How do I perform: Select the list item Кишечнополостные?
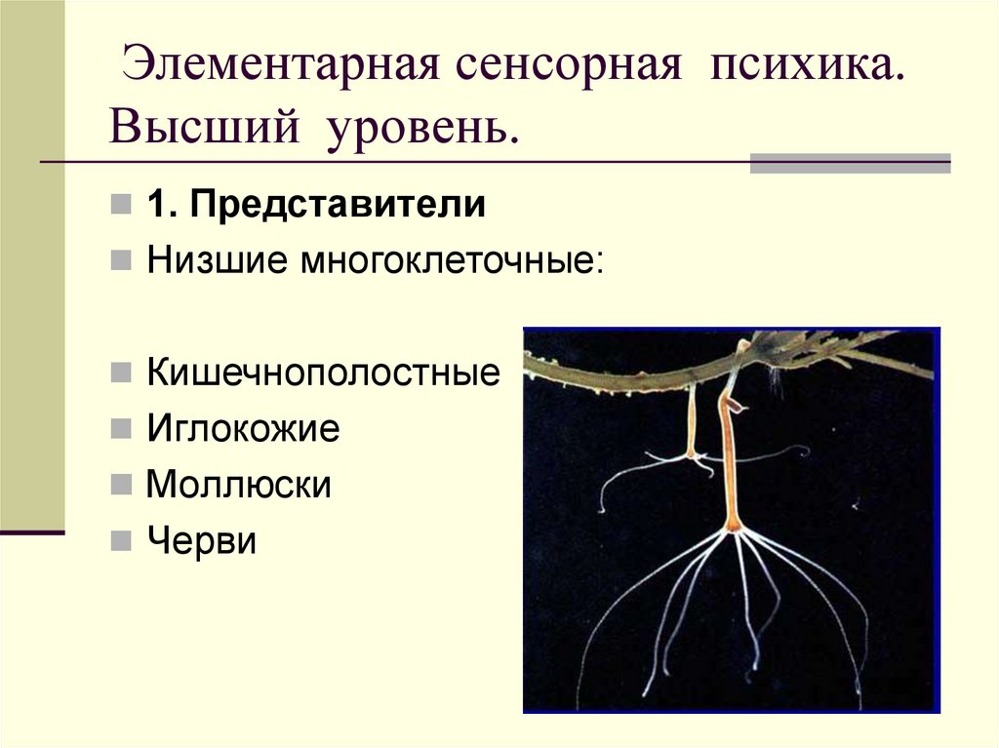[x=323, y=373]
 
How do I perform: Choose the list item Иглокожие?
[x=243, y=428]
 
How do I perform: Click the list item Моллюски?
[x=239, y=485]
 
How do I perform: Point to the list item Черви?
[x=202, y=540]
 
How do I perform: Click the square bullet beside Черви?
[x=120, y=541]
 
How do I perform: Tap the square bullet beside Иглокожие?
[x=120, y=429]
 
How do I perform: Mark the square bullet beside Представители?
[x=120, y=206]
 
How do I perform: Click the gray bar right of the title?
[x=849, y=163]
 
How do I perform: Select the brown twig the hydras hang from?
[x=624, y=376]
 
